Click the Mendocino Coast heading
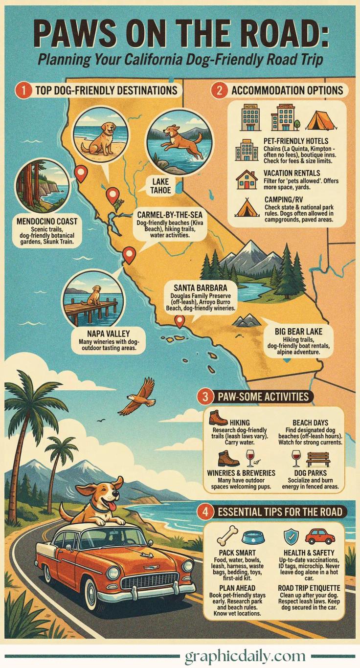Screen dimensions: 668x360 tap(47, 222)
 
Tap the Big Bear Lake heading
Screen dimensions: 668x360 tap(298, 331)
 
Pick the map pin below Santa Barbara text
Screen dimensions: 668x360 tap(180, 321)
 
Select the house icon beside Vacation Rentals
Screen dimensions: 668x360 tap(247, 179)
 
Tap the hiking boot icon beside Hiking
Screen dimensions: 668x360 tap(218, 418)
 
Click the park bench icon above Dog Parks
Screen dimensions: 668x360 tap(318, 459)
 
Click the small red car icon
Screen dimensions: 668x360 tap(319, 536)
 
